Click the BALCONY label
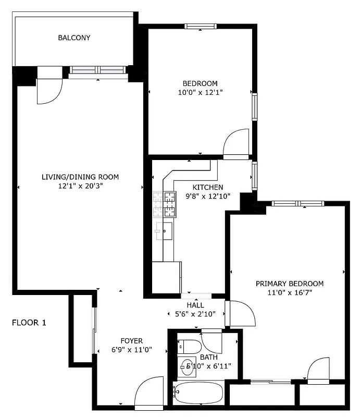74,38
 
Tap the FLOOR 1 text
29,323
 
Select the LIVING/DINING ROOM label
80,177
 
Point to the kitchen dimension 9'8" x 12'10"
208,196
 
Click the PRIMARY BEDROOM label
289,284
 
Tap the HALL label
195,305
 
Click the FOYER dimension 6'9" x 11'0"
131,350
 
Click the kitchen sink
164,229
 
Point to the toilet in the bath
190,346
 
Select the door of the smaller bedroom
236,143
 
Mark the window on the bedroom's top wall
201,27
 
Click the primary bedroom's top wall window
297,203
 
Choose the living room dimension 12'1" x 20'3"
80,186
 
